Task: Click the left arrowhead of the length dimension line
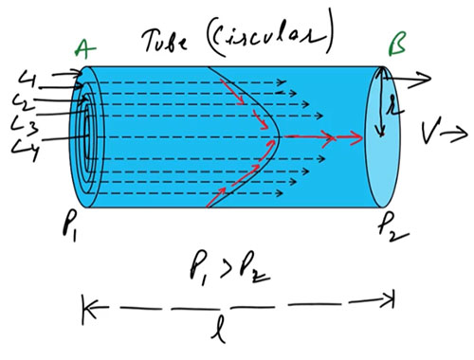coord(90,306)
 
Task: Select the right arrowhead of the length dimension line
coord(389,303)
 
